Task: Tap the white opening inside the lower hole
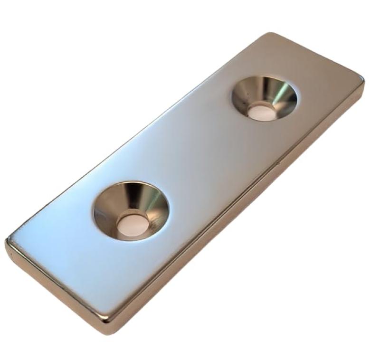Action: (x=131, y=224)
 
